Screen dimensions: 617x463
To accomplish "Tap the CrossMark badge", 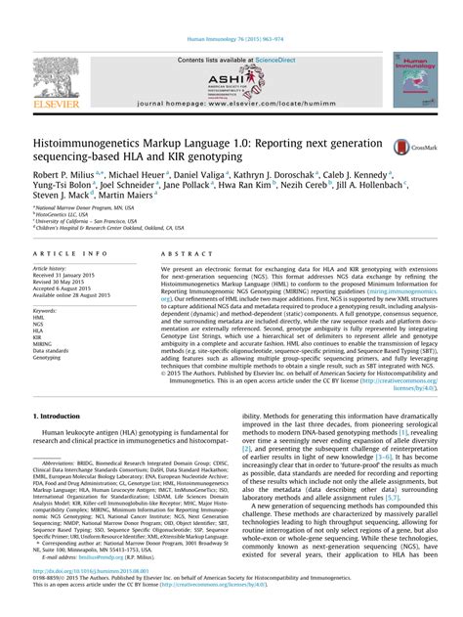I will (x=402, y=147).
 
